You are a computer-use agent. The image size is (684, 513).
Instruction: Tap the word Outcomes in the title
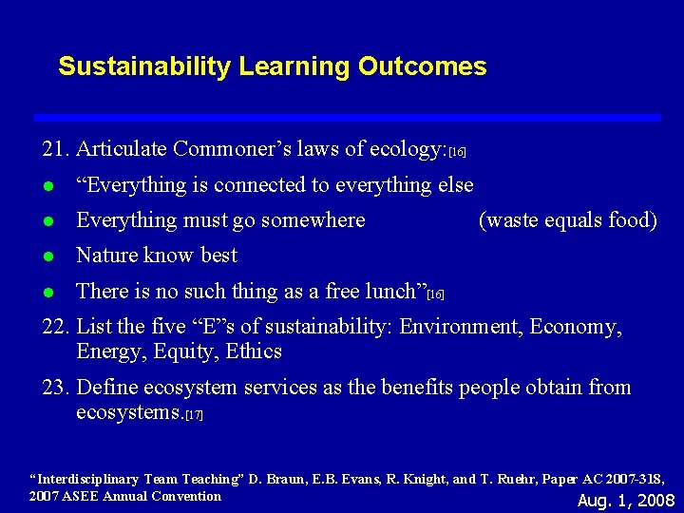pos(435,66)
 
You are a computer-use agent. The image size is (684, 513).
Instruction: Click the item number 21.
pos(55,149)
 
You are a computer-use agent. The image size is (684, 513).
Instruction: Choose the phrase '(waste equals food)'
pos(567,220)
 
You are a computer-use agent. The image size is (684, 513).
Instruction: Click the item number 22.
pos(55,327)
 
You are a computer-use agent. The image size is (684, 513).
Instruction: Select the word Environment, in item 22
pos(461,327)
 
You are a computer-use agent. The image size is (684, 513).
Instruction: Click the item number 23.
pos(55,388)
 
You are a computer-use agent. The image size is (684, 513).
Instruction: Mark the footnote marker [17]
pos(195,416)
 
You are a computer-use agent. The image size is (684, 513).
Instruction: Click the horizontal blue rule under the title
pos(347,117)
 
